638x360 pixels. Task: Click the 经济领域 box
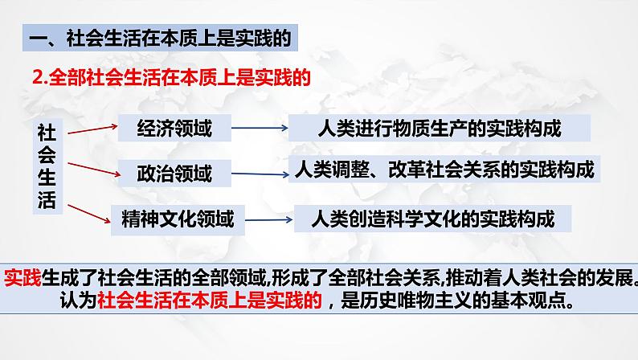[174, 128]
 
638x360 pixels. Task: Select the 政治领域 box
[174, 174]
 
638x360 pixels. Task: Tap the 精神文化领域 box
[178, 220]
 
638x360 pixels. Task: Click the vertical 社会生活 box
[47, 166]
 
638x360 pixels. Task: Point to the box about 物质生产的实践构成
[440, 128]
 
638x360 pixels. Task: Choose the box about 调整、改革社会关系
[444, 170]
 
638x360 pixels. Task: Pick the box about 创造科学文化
[432, 219]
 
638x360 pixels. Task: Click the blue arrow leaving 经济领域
[260, 128]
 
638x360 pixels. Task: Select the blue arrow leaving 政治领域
[260, 174]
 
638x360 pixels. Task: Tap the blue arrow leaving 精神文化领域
[269, 220]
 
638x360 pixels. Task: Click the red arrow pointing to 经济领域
[92, 129]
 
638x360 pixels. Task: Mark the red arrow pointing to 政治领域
[94, 170]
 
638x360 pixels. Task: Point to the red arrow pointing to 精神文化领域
[89, 214]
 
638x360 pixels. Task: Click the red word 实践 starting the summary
[22, 278]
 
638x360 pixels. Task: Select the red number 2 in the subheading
[38, 78]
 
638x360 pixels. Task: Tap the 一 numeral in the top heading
[39, 39]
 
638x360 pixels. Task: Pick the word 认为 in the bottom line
[79, 301]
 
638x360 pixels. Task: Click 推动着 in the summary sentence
[474, 278]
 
